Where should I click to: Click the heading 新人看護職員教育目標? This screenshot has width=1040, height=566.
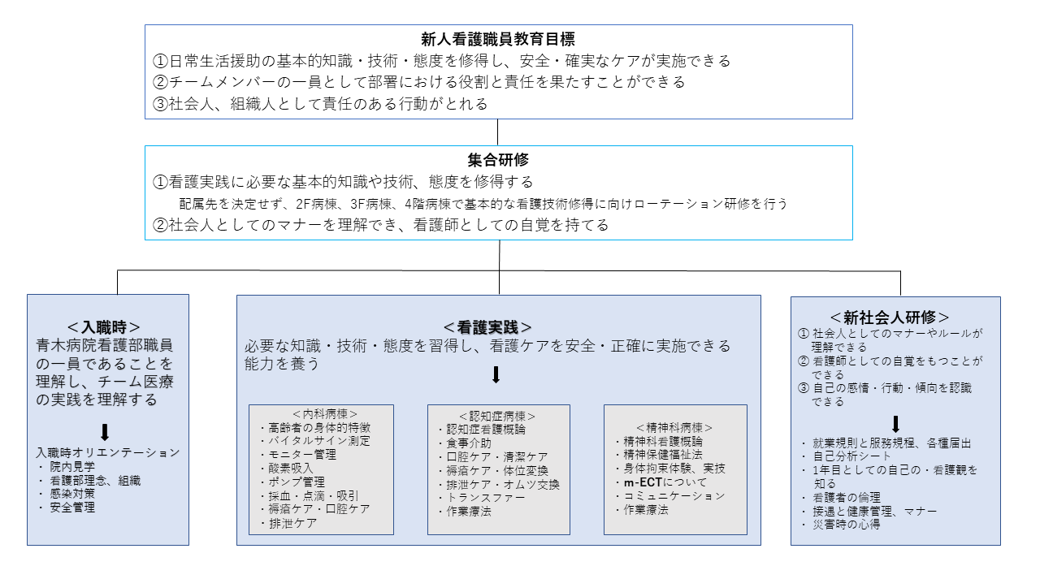coord(498,39)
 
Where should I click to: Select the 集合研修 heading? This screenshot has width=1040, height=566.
coord(498,160)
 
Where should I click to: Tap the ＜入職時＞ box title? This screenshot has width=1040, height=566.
coord(103,327)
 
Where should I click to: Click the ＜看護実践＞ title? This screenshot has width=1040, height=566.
coord(487,327)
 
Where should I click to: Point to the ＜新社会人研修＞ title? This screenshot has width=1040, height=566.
coord(889,318)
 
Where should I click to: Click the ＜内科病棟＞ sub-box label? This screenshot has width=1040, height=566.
coord(324,414)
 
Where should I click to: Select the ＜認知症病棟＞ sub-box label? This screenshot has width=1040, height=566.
coord(497,416)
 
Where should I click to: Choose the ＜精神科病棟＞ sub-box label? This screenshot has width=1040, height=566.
coord(674,427)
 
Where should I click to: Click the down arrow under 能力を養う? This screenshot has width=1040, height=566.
coord(496,375)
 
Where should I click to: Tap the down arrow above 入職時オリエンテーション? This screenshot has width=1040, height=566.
coord(105,432)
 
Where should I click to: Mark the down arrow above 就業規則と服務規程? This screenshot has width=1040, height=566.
coord(896,425)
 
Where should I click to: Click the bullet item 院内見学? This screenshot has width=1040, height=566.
coord(72,466)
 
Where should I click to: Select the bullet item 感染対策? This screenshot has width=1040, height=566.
coord(72,494)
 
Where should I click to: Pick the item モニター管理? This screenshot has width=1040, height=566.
coord(302,455)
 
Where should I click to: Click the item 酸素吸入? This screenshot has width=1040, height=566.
coord(291,469)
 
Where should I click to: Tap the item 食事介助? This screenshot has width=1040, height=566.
coord(469,443)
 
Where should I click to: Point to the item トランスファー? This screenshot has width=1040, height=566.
coord(486,498)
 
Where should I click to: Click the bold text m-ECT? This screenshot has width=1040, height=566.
coord(643,482)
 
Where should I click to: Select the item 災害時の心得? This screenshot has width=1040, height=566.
coord(847,525)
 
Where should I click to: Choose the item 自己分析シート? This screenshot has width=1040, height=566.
coord(852,456)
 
